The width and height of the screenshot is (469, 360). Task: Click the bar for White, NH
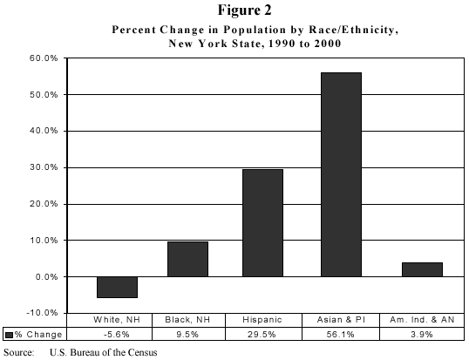117,287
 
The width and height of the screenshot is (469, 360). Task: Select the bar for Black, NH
187,259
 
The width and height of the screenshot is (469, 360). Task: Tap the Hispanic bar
262,222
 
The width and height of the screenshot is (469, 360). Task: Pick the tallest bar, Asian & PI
341,174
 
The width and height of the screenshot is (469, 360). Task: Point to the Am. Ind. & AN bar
422,269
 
